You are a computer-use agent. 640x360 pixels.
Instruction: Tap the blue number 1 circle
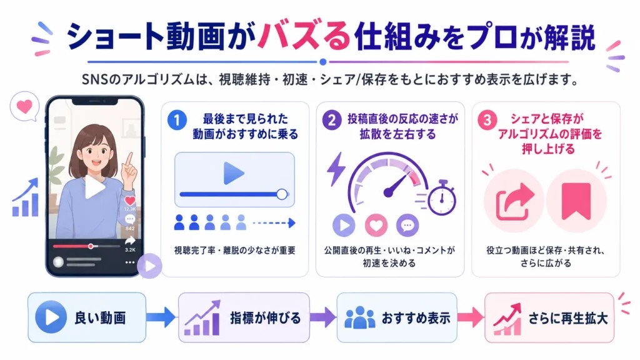pos(177,121)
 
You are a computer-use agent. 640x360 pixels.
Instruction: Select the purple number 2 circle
pos(332,120)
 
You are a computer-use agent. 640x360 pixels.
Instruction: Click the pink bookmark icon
pos(576,201)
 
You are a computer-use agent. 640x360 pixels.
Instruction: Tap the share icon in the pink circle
pos(514,201)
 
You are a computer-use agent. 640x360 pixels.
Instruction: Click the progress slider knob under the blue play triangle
pos(282,194)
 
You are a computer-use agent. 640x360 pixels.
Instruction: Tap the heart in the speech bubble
pos(24,107)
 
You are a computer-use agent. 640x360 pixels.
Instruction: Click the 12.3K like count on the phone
pos(130,209)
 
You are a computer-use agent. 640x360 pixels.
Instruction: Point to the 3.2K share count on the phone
pos(130,250)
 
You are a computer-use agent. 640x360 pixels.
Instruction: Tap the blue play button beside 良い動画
pos(51,317)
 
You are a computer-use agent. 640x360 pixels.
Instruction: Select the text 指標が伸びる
pos(265,318)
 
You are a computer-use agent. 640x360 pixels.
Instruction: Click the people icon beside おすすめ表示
pos(359,317)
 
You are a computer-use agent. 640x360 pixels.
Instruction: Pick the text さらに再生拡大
pos(568,318)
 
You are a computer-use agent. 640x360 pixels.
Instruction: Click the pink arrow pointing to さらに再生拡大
pos(471,317)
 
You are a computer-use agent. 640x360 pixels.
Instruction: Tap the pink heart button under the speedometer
pos(376,225)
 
